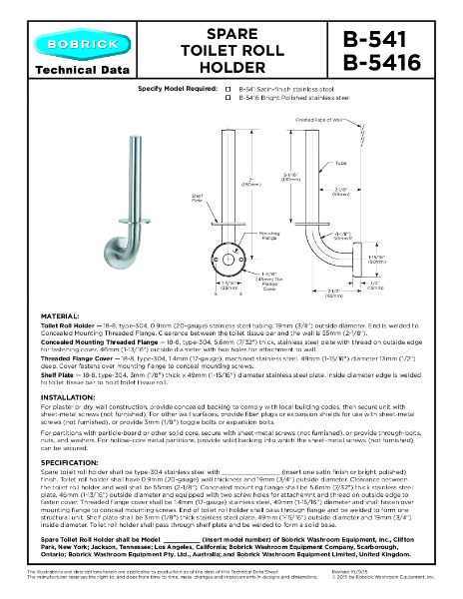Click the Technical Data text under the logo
coord(71,70)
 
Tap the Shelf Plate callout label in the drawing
coord(198,199)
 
